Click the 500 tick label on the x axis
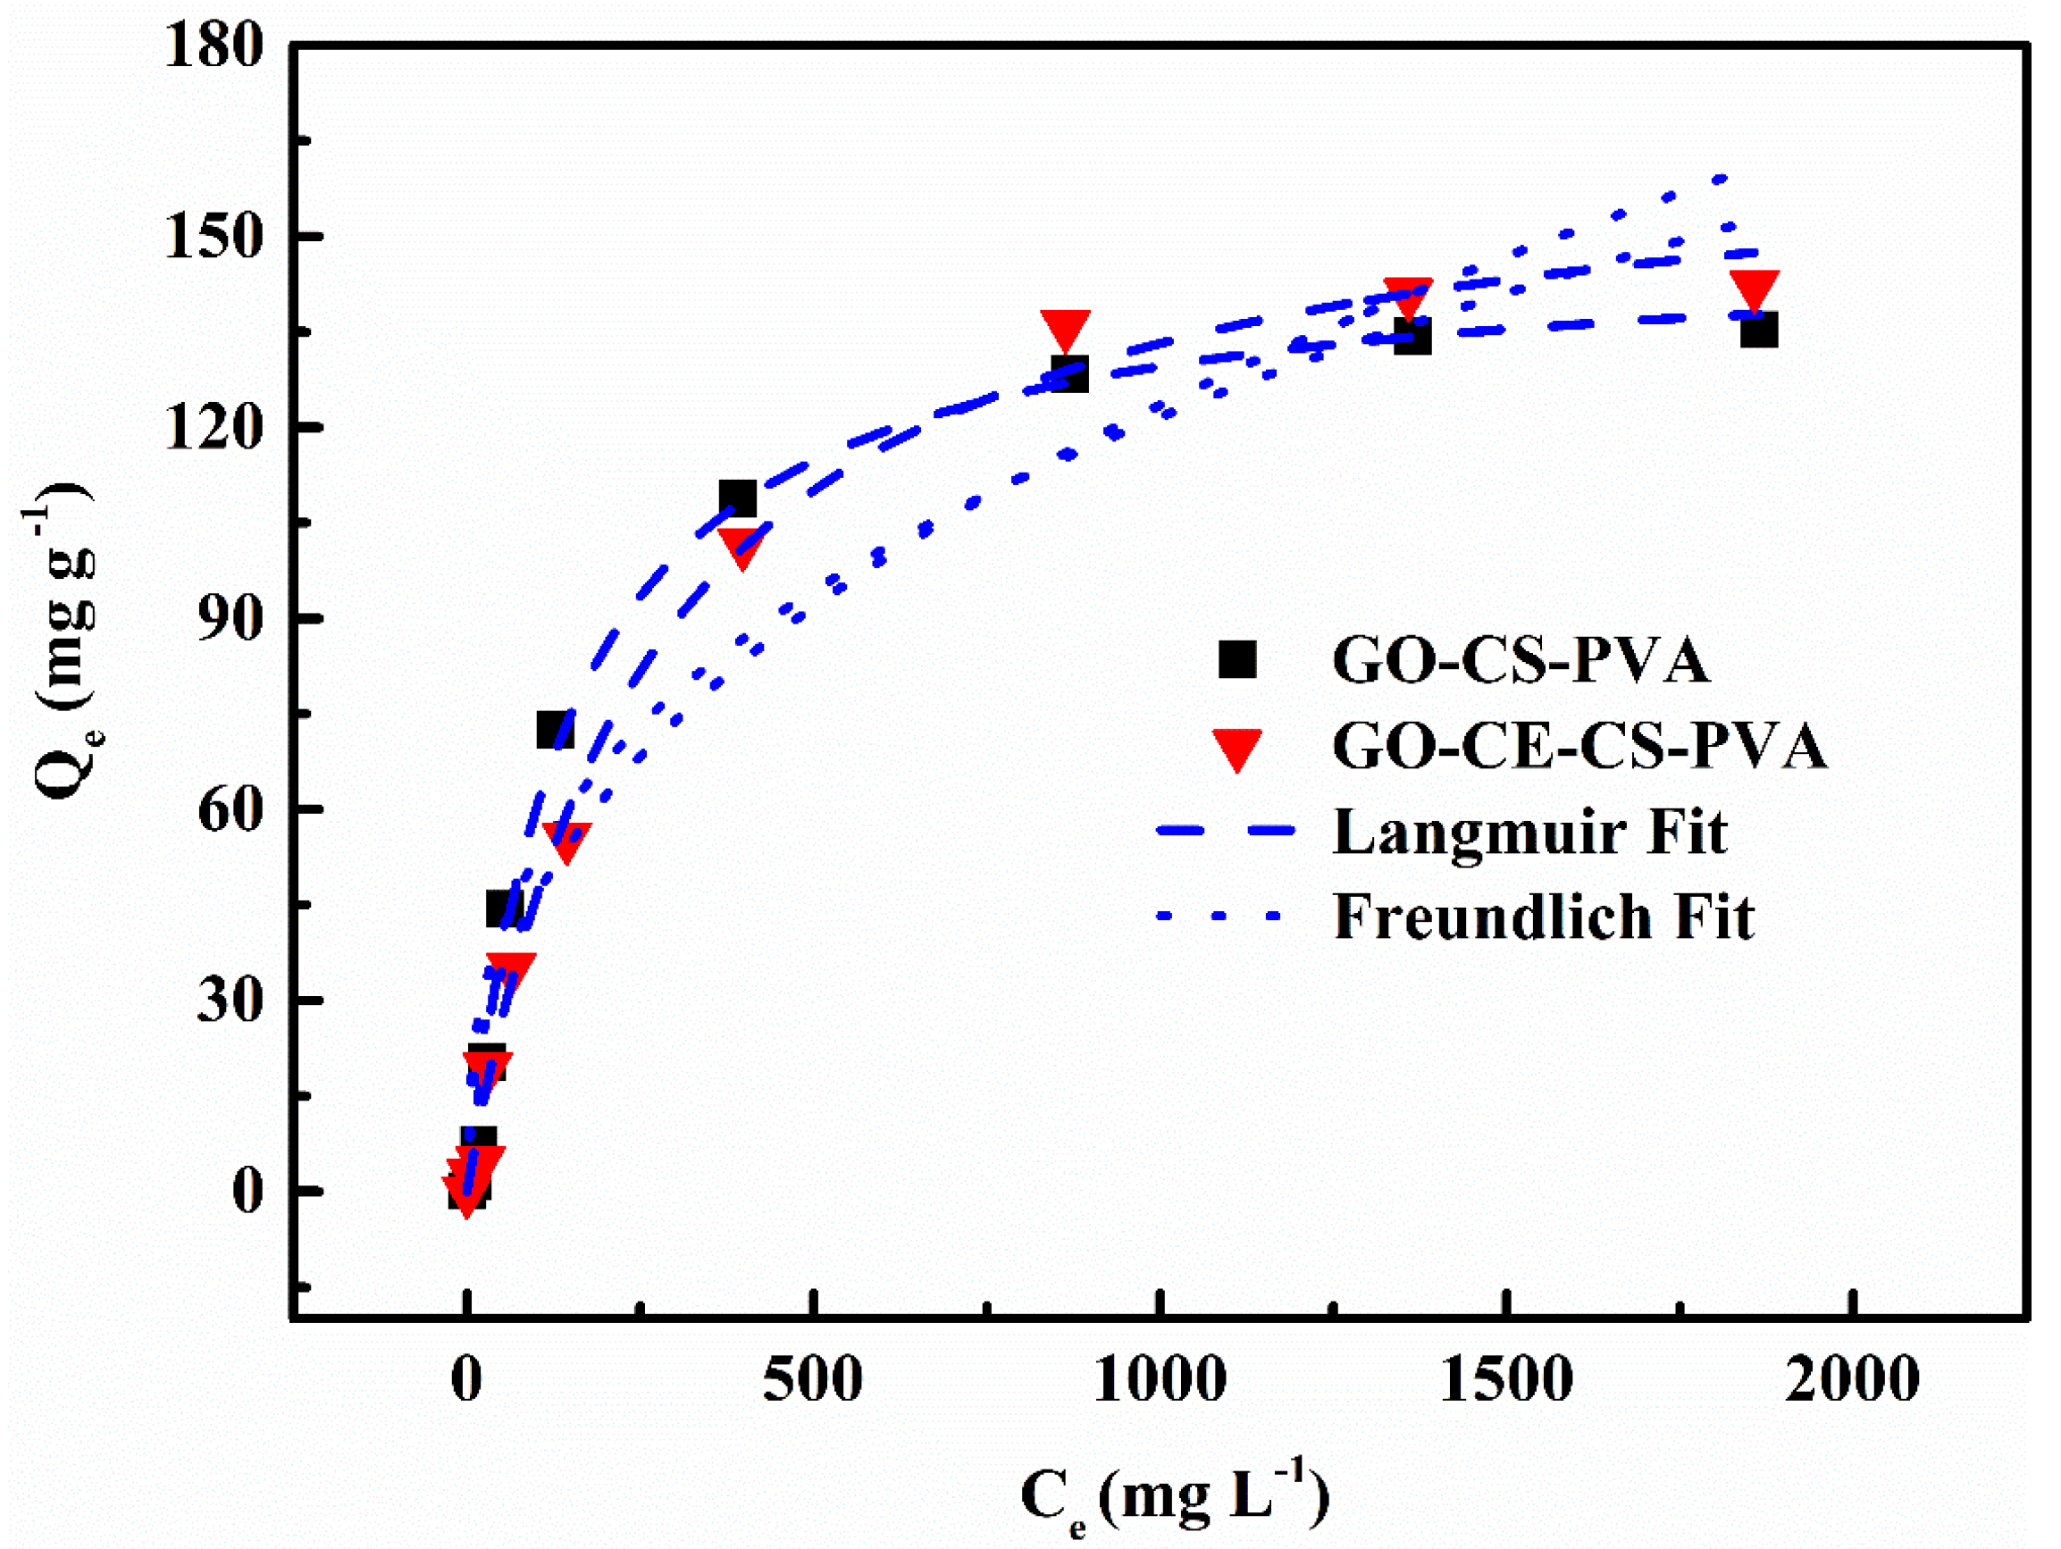click(812, 1380)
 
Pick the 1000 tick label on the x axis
click(1159, 1380)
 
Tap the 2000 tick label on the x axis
click(1851, 1380)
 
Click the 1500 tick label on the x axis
click(1505, 1380)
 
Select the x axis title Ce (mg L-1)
click(1174, 1498)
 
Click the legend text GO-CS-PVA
click(1521, 661)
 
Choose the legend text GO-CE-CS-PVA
click(1579, 747)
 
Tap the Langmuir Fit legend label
click(1530, 832)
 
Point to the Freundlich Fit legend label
click(1544, 917)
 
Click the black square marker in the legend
click(1237, 659)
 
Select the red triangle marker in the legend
click(1236, 747)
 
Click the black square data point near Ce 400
click(738, 499)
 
